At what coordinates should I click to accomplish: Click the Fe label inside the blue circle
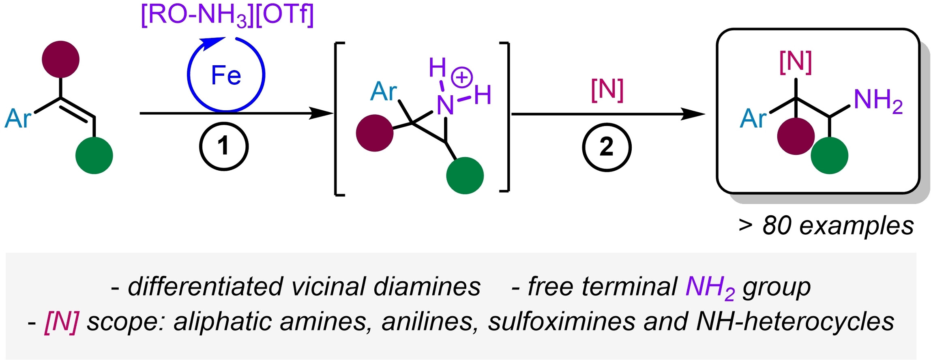[x=226, y=75]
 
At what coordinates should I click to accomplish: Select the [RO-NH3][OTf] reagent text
[x=227, y=16]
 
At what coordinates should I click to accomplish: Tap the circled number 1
[x=223, y=146]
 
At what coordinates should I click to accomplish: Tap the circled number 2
[x=607, y=147]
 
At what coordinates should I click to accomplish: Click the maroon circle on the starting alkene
[x=61, y=59]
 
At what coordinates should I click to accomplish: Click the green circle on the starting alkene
[x=94, y=156]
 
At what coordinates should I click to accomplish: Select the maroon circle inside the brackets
[x=375, y=133]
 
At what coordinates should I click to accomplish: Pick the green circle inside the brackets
[x=465, y=176]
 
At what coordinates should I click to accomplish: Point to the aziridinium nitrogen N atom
[x=445, y=105]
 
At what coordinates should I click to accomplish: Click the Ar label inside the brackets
[x=384, y=92]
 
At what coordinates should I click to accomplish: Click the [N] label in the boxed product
[x=796, y=62]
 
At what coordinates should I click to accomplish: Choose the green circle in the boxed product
[x=830, y=156]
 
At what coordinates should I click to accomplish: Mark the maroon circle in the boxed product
[x=796, y=136]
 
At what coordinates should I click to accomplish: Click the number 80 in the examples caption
[x=777, y=226]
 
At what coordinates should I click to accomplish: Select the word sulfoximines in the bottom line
[x=562, y=322]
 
